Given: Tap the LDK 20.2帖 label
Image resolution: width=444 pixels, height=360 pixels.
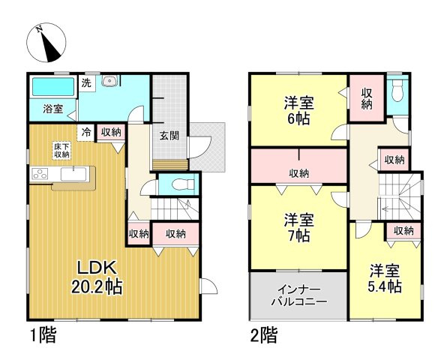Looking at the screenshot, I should pyautogui.click(x=97, y=277).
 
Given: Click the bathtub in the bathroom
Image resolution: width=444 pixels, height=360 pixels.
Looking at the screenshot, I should pyautogui.click(x=52, y=87).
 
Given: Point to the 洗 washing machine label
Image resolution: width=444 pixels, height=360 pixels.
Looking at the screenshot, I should pyautogui.click(x=86, y=83).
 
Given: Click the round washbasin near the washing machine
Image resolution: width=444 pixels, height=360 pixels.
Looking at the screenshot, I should pyautogui.click(x=109, y=81).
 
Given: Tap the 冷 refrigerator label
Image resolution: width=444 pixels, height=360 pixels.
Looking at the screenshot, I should pyautogui.click(x=86, y=132).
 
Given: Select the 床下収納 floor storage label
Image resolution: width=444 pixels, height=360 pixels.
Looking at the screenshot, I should pyautogui.click(x=61, y=149).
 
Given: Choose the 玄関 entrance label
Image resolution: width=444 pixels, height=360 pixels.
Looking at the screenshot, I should pyautogui.click(x=169, y=136).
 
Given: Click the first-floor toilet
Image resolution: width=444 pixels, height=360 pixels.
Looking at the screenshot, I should pyautogui.click(x=178, y=184).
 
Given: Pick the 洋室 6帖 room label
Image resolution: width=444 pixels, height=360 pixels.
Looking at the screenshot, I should pyautogui.click(x=298, y=109).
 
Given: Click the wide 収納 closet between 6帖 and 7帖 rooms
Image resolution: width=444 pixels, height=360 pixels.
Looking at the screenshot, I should pyautogui.click(x=298, y=173).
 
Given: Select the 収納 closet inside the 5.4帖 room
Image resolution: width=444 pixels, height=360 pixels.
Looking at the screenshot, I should pyautogui.click(x=403, y=231).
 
